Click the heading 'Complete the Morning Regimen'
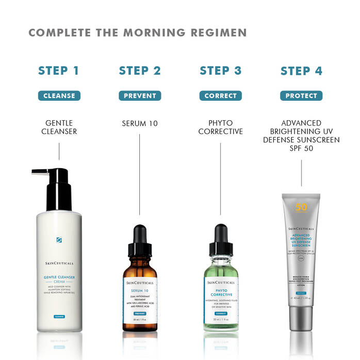pos(137,33)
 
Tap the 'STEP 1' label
pos(59,71)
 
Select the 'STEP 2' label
pos(140,71)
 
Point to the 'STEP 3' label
pos(220,71)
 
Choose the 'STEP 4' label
pos(301,71)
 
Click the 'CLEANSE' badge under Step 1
pos(59,95)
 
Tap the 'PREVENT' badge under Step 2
pos(140,95)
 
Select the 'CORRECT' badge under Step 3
pos(220,95)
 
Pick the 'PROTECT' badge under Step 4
pos(301,95)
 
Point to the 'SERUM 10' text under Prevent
pos(140,124)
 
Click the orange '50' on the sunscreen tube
pos(301,208)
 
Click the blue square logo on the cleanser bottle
pos(59,240)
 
